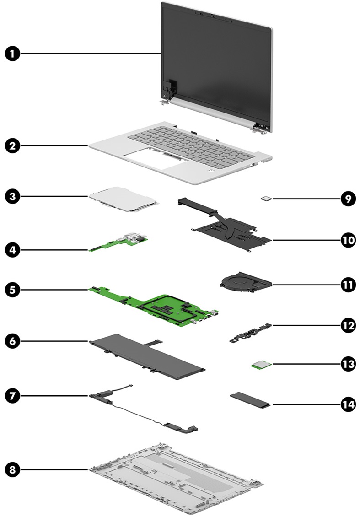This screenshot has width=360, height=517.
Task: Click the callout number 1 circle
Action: tap(13, 54)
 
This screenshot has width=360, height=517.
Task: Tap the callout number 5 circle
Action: tap(13, 289)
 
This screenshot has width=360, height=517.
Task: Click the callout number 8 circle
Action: tap(13, 469)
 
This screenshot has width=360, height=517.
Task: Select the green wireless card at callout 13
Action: tap(262, 365)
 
